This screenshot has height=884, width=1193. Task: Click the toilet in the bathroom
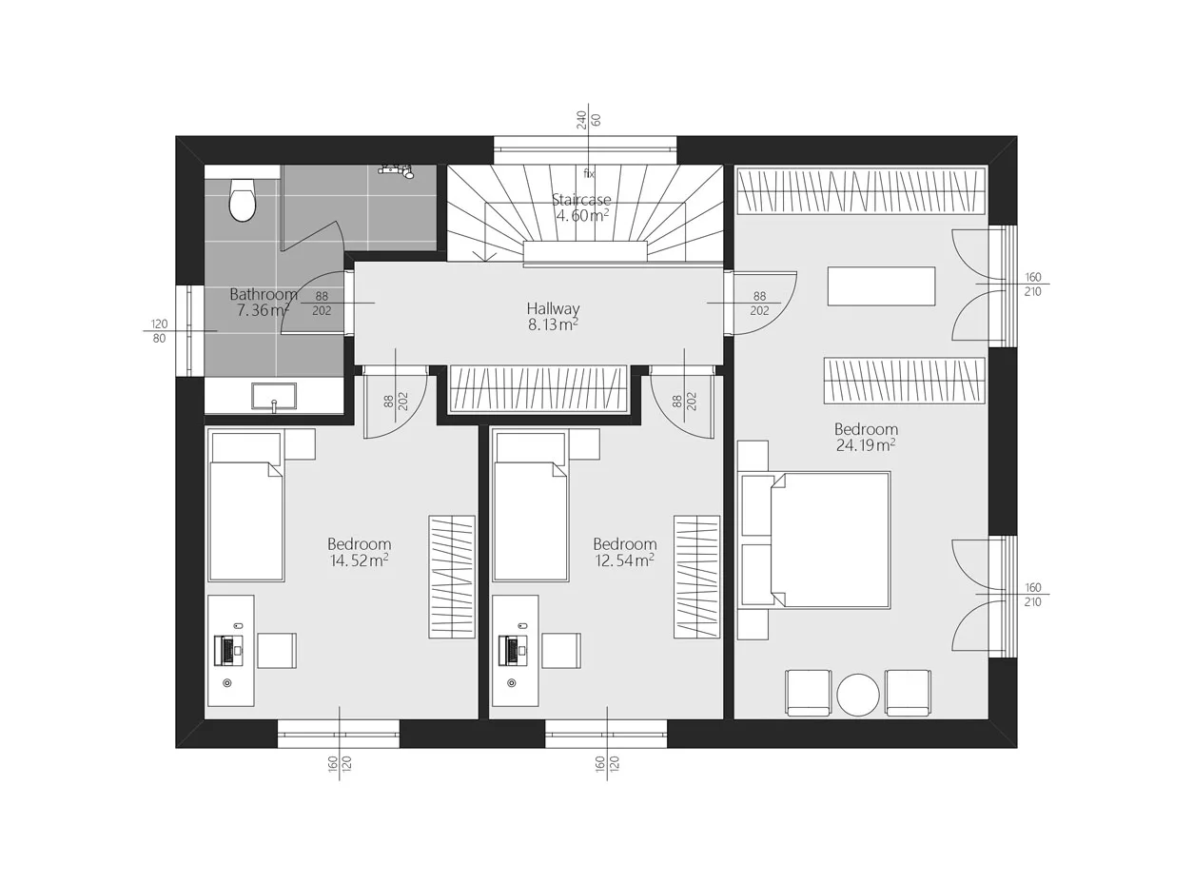[243, 199]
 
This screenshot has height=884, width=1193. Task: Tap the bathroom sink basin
[274, 396]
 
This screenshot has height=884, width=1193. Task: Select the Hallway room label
[553, 308]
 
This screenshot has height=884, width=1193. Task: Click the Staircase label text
[581, 200]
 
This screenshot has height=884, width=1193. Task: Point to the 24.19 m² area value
[866, 445]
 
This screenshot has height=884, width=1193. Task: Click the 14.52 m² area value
[359, 560]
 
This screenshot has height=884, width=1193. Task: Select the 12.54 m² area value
[624, 560]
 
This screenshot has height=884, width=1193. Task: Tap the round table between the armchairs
[858, 695]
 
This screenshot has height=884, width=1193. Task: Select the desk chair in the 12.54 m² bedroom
[561, 651]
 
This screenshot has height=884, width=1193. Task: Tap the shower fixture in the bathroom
[397, 170]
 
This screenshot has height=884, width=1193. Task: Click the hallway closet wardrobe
[538, 388]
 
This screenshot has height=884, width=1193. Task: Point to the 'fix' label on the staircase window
[589, 174]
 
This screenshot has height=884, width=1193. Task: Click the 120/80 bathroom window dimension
[159, 331]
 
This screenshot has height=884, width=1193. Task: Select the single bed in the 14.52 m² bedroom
[246, 506]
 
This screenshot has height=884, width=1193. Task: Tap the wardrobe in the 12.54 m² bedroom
[697, 577]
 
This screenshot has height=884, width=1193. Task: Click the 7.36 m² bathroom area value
[263, 310]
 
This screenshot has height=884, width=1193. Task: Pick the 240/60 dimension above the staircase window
[588, 119]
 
